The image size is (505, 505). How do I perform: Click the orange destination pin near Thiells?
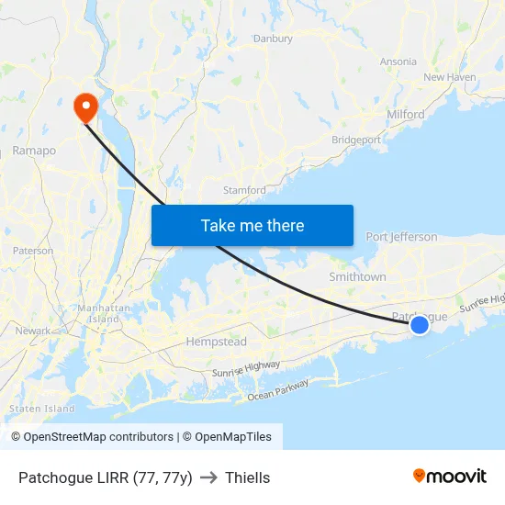(84, 107)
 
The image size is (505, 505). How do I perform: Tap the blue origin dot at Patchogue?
(420, 324)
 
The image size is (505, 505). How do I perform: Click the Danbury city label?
(273, 39)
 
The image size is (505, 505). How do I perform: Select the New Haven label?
(449, 77)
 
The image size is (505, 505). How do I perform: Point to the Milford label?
(406, 114)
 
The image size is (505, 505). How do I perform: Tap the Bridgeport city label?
(356, 140)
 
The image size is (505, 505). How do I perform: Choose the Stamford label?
(244, 190)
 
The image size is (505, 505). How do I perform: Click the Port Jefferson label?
(401, 237)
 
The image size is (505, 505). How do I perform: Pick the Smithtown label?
(357, 276)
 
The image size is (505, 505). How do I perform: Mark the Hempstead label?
(216, 342)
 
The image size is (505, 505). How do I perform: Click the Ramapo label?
(34, 151)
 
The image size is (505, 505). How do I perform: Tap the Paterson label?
(33, 251)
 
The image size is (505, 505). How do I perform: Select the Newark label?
(33, 331)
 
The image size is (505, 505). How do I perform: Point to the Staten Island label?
(41, 408)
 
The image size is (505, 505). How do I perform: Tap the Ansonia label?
(398, 62)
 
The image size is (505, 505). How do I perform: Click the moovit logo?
(450, 476)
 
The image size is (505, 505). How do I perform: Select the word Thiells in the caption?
(247, 477)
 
